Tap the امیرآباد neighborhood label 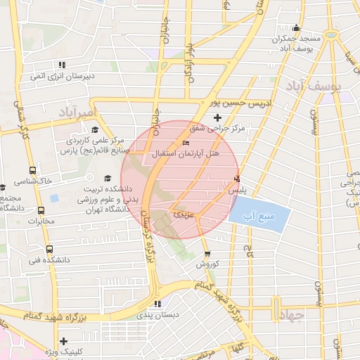(72, 112)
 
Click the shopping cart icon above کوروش (207, 254)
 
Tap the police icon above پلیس (237, 179)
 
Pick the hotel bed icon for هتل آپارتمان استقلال (186, 143)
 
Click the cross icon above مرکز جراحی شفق (217, 117)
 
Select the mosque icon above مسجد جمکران (297, 28)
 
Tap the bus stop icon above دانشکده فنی (49, 248)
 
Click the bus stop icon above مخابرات (41, 210)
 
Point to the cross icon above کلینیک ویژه (64, 340)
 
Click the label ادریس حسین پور (242, 103)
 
